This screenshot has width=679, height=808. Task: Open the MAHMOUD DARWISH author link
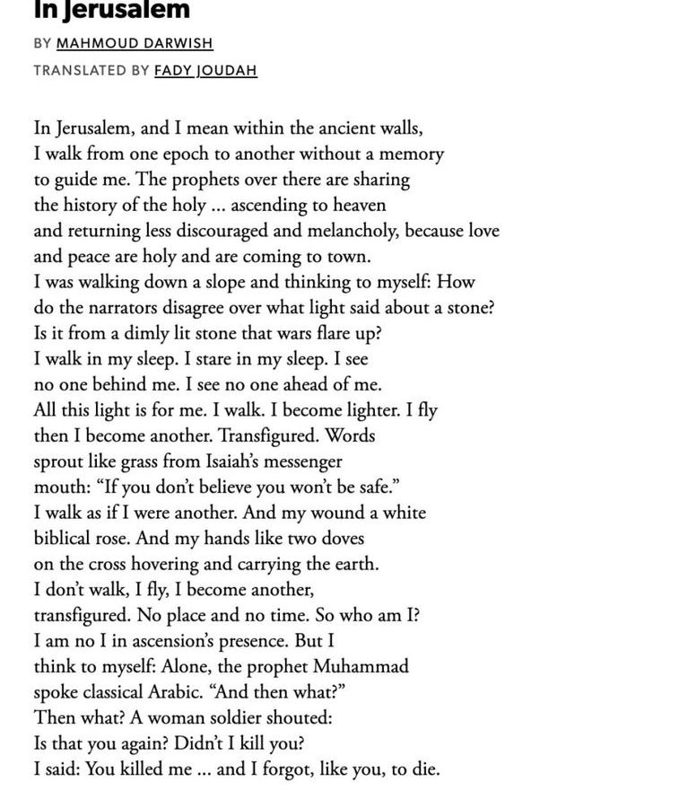click(x=135, y=43)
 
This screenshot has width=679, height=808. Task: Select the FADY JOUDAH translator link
click(x=205, y=70)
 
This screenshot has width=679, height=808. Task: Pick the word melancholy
click(x=347, y=231)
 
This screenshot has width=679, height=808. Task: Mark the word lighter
click(x=370, y=410)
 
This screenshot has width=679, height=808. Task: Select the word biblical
click(x=65, y=539)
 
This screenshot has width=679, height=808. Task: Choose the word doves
click(x=338, y=539)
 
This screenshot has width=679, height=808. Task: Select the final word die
click(x=423, y=769)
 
